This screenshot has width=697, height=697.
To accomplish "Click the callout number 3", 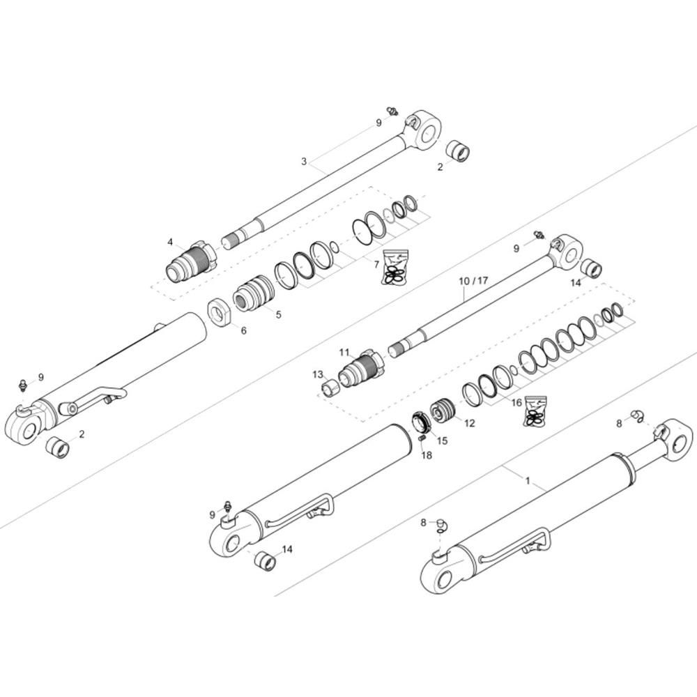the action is tap(304, 161).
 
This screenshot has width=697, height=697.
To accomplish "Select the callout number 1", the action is tap(528, 481).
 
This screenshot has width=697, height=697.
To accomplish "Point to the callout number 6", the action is tap(243, 330).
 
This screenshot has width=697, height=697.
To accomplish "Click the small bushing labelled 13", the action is tap(329, 386).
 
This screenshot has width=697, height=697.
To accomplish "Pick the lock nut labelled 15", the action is tap(420, 422).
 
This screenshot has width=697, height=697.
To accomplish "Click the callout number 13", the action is tap(318, 375).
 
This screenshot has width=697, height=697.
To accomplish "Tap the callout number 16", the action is tap(516, 402).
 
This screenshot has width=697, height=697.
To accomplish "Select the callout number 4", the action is tap(170, 242).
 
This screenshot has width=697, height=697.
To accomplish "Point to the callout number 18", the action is tap(427, 454).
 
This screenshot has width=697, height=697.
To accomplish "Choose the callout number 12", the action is tap(469, 422).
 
